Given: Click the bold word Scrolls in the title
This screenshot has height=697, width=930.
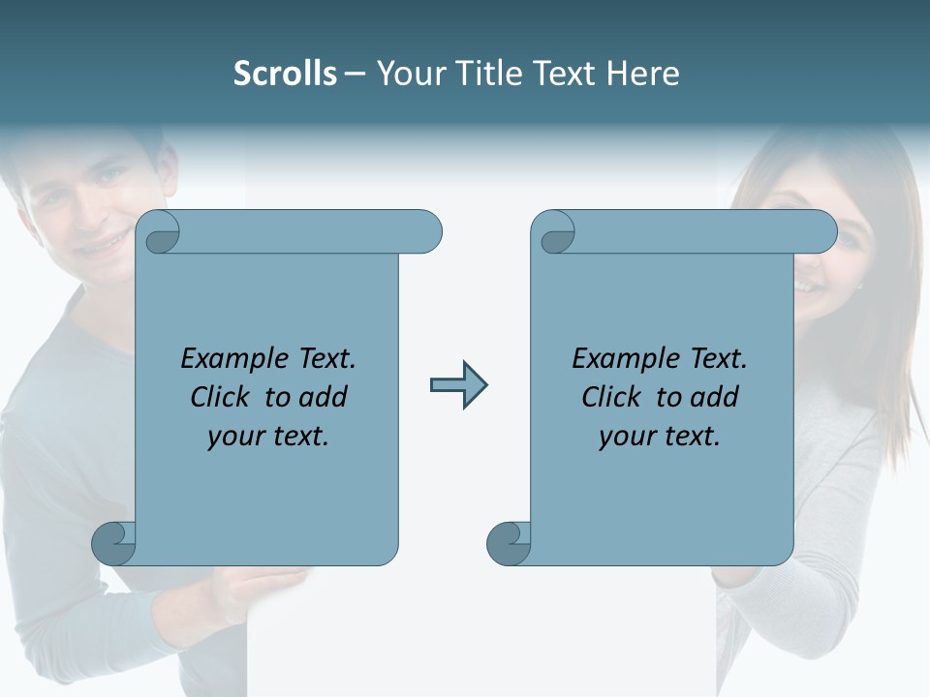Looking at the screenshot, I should [x=285, y=74].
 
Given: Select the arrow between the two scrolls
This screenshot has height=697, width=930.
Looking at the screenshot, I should [x=458, y=385].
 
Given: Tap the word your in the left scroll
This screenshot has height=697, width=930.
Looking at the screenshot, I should [x=235, y=437].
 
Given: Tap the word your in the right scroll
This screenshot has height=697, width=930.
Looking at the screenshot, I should [x=627, y=437].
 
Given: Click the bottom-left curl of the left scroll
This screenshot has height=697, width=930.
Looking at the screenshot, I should [x=113, y=543].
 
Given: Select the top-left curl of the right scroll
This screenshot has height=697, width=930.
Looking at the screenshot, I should [x=555, y=233].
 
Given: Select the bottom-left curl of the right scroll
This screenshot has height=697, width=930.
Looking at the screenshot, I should [x=509, y=543].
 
